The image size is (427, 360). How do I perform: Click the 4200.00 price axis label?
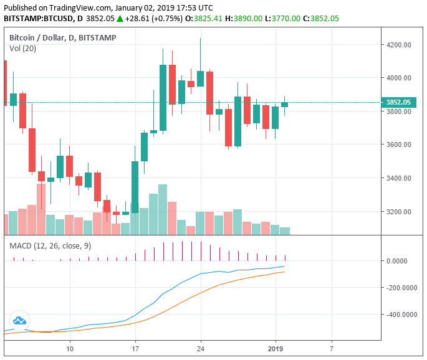pos(399,45)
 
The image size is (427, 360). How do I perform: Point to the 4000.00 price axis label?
pos(399,78)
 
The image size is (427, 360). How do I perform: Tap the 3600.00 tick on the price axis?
pos(399,145)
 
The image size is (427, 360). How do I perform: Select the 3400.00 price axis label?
pos(399,179)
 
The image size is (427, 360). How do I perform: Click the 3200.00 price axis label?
pos(399,212)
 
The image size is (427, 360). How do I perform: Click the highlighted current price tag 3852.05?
pos(397,102)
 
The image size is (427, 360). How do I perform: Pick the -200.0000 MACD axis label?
pos(401,288)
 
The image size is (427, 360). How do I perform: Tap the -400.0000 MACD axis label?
pos(401,315)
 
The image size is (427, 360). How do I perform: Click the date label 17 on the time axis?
pos(135,349)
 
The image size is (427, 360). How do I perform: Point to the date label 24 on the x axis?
pos(201,349)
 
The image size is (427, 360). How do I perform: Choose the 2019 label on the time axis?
pos(275,349)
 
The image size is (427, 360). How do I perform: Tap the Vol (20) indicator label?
pos(23,49)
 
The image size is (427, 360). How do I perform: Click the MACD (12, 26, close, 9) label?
pos(50,246)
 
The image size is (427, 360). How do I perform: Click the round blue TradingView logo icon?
pos(19,320)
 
